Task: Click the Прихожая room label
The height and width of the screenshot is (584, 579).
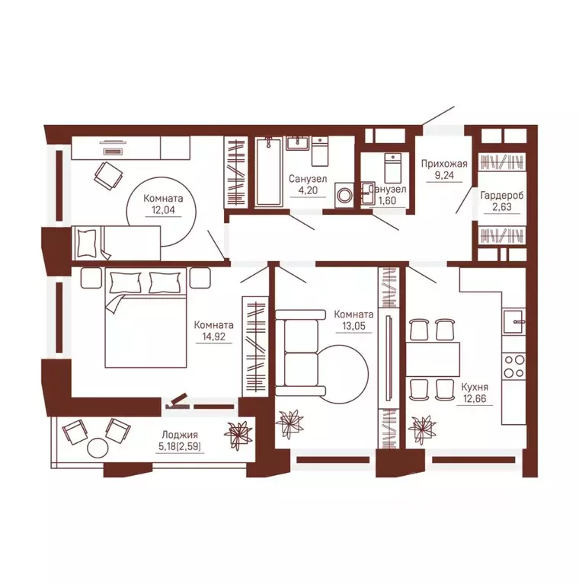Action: click(x=444, y=164)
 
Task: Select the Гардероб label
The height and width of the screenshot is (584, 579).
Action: click(x=502, y=196)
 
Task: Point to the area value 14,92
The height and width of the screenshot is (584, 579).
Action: click(x=214, y=337)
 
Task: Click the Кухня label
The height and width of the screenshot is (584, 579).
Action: click(x=475, y=387)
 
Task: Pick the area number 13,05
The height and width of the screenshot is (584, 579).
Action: click(x=354, y=326)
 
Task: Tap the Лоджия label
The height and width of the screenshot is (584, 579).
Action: click(x=180, y=435)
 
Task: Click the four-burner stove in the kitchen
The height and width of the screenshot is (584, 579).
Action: click(x=513, y=366)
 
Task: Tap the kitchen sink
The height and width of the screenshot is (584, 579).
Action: click(x=513, y=321)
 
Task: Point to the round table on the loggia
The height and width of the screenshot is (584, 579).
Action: click(x=98, y=448)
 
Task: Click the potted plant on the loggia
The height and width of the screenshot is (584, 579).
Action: click(x=237, y=433)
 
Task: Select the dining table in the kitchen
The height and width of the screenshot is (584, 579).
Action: click(x=433, y=359)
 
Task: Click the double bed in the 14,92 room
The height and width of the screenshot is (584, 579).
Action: click(x=146, y=318)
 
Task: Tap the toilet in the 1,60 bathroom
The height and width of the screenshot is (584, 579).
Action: click(x=393, y=168)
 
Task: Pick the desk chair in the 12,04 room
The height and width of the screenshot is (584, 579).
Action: click(x=108, y=176)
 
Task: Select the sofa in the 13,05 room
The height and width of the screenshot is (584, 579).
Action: click(x=300, y=353)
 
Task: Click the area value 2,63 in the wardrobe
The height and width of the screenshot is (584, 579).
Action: click(x=502, y=207)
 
